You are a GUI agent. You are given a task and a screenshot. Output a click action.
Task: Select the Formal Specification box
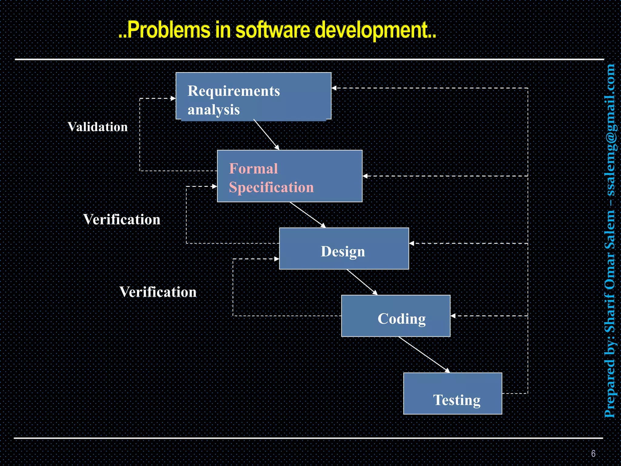290,176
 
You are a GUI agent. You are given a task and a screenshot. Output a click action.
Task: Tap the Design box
344,249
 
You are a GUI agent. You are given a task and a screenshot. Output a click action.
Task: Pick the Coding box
395,316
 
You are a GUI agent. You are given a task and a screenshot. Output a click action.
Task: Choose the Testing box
452,393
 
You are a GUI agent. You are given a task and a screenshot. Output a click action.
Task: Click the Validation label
98,127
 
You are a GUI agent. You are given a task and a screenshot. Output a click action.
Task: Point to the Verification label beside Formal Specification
122,219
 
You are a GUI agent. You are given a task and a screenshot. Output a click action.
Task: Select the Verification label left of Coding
158,292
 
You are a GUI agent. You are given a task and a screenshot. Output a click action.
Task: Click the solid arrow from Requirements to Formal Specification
266,134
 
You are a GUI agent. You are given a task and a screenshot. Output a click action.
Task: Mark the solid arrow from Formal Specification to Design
307,215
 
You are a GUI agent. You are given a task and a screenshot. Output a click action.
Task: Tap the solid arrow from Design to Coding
362,282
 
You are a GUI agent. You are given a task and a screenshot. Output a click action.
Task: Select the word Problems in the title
169,30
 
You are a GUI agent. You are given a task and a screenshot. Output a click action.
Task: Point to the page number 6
593,454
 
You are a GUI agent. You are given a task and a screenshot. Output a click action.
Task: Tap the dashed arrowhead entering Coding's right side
453,316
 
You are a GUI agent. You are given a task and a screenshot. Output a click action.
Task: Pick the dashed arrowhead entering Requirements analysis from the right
334,88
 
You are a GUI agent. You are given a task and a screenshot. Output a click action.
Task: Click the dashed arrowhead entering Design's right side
411,243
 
